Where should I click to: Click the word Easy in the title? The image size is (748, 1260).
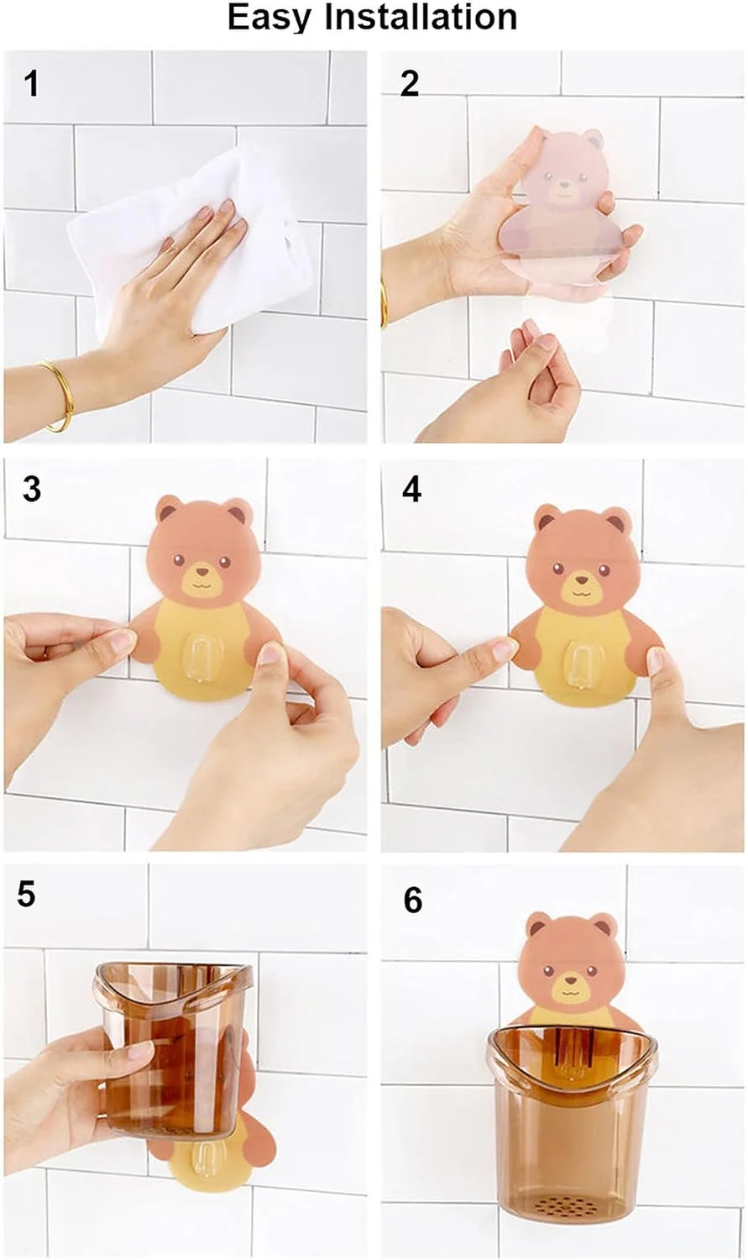pos(269,18)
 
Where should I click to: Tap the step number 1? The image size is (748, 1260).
pos(31,84)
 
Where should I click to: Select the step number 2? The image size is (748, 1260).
pos(410,84)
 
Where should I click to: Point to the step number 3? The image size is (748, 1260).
pos(32,489)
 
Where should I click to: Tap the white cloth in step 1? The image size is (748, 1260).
pos(186,236)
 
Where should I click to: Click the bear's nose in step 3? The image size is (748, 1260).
pos(202,573)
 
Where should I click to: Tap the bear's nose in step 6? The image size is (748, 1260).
pos(571,980)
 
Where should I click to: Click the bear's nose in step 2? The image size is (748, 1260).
pos(563,182)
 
